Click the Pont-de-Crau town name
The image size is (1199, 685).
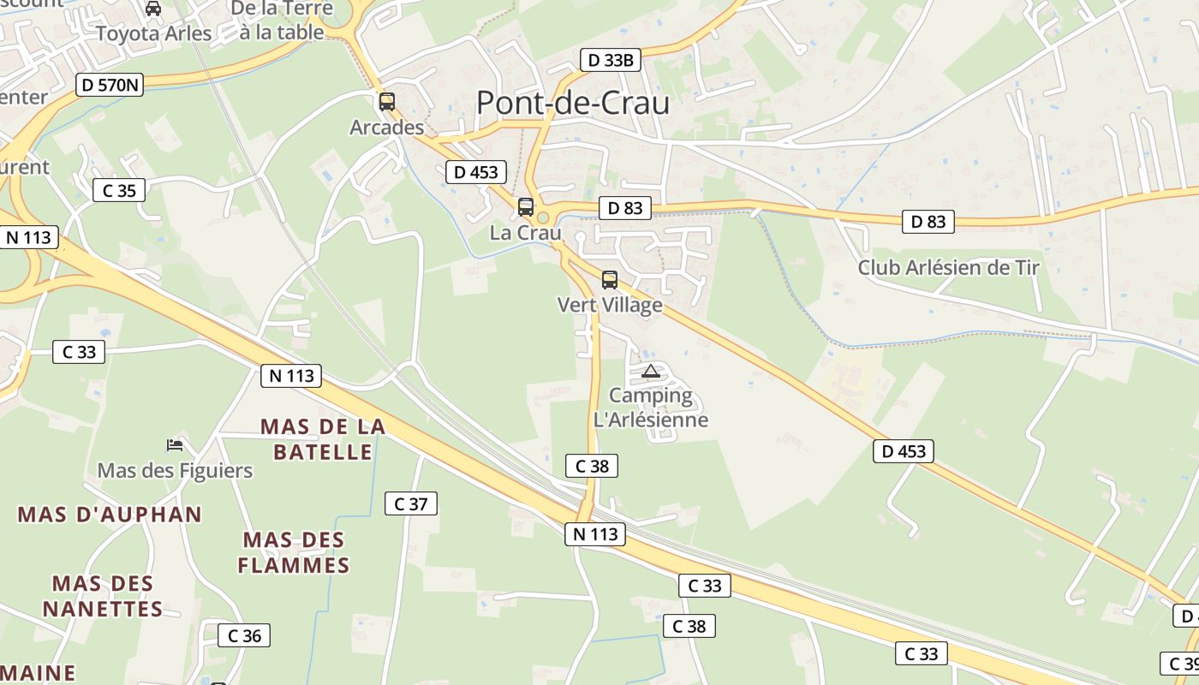pos(573,103)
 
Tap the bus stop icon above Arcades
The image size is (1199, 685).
pos(387,102)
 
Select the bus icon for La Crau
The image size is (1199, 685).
pos(526,207)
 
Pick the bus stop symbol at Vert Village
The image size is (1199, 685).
pos(610,279)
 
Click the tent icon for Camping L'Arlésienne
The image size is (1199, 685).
pos(651,371)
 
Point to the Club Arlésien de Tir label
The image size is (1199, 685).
pos(948,267)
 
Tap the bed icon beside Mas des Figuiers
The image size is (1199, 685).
pos(175,444)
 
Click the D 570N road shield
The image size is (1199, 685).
pos(109,85)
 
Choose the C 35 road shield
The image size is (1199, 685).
pos(119,190)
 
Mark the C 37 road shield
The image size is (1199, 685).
pos(411,503)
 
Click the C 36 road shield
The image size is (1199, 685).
pos(244,635)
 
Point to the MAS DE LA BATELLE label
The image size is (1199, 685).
pos(323,439)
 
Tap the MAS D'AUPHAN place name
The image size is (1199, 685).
pos(110,515)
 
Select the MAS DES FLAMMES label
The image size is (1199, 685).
pos(294,553)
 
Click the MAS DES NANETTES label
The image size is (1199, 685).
pos(103,597)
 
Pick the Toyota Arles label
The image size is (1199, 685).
pos(153,33)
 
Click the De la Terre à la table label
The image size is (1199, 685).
pos(281,21)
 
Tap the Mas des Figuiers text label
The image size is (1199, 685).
pos(175,470)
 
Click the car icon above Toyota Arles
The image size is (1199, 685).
pos(153,9)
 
